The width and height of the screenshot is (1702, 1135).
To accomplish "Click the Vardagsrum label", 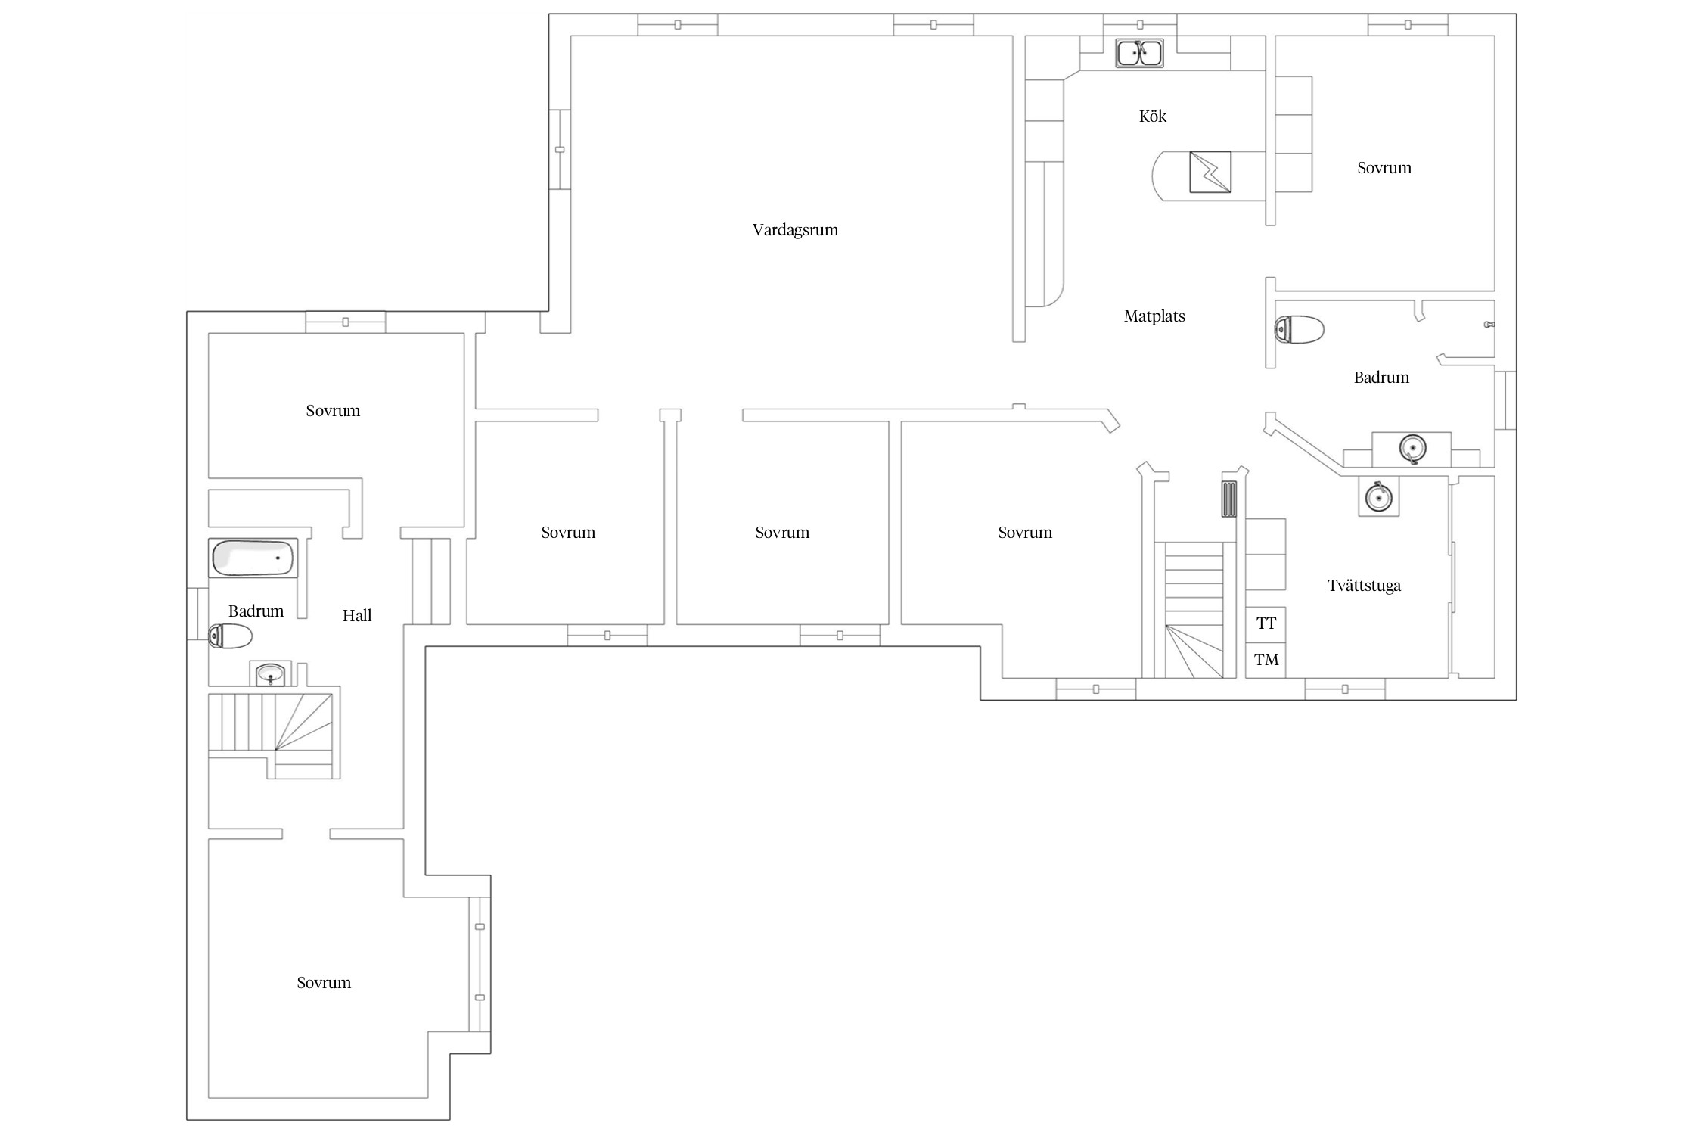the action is (x=795, y=230).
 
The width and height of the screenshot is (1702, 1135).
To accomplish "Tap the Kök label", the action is (x=1153, y=116).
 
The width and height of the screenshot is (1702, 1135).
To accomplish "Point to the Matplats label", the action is (x=1154, y=316).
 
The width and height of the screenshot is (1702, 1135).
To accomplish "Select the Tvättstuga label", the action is (x=1364, y=586).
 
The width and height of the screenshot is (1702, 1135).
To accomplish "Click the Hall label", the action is (x=357, y=616).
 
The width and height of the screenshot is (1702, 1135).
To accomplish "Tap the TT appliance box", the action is (x=1266, y=624).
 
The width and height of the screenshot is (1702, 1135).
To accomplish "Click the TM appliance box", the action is (x=1266, y=660).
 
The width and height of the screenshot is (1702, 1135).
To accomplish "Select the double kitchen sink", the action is (x=1140, y=53).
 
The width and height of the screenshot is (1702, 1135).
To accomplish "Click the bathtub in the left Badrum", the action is (x=253, y=558).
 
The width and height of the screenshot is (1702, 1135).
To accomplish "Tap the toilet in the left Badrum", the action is (x=230, y=636).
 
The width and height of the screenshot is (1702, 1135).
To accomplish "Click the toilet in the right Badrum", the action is (x=1299, y=330).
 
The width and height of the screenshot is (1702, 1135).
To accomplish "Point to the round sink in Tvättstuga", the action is (x=1378, y=496).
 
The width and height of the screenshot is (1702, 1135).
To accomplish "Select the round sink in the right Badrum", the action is (x=1412, y=449).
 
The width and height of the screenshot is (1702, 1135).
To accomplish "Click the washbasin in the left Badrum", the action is (x=270, y=673).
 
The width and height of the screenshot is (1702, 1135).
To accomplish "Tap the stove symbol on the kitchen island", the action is (x=1210, y=172).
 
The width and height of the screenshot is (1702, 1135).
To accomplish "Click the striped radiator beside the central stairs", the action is (x=1229, y=499).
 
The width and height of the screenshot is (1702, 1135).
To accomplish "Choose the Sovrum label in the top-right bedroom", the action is (x=1384, y=168).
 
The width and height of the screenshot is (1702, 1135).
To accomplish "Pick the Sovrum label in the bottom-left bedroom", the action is (x=324, y=983).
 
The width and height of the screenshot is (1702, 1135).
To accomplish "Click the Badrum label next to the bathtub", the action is (x=256, y=611).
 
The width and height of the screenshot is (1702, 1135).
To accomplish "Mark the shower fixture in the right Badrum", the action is (x=1489, y=325).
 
